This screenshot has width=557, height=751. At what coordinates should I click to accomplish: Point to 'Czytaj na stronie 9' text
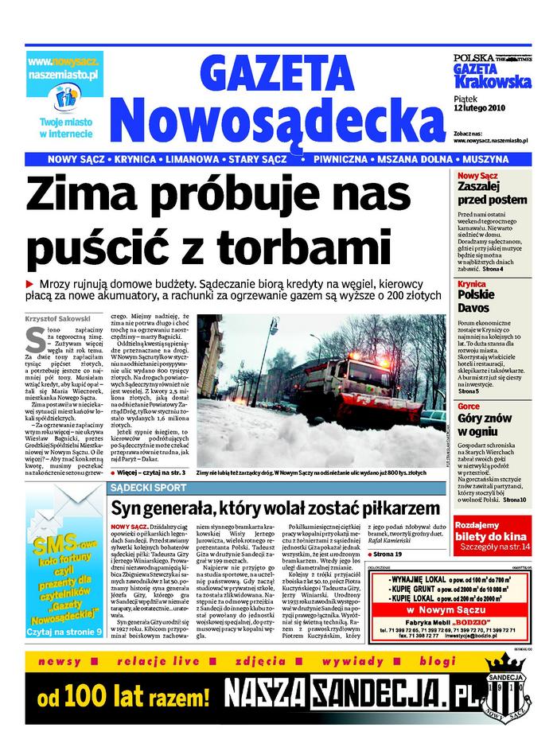click(x=64, y=609)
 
